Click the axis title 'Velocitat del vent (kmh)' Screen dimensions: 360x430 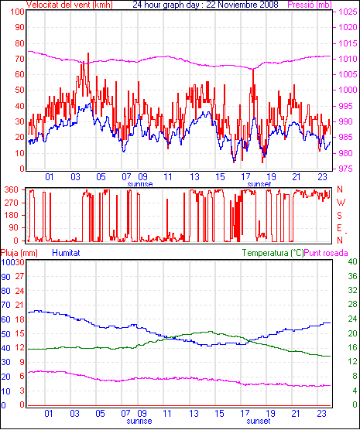point(70,5)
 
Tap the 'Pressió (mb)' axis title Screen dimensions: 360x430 point(310,5)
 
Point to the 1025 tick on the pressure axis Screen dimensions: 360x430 point(348,12)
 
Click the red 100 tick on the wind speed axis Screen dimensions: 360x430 point(18,12)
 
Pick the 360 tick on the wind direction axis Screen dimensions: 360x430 point(12,189)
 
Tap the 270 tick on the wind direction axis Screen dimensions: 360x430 point(12,203)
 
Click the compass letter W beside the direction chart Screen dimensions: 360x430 point(341,203)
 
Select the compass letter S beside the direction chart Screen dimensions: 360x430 point(339,216)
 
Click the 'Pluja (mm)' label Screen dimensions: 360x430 point(19,253)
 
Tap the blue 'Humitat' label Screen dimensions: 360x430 point(66,253)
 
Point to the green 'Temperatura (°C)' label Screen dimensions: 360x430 point(273,253)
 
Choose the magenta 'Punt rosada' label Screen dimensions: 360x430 point(326,253)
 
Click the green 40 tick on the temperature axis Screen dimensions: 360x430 point(352,261)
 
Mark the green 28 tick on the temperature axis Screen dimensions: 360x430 point(352,305)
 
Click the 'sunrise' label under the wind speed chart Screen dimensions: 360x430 point(140,184)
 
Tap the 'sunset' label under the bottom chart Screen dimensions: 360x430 point(259,421)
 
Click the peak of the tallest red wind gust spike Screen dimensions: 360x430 point(88,53)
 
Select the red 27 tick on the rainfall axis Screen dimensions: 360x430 point(20,276)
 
